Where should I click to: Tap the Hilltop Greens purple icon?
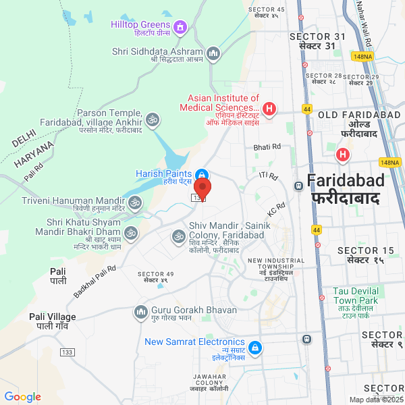(180, 27)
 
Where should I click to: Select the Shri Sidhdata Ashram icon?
(213, 52)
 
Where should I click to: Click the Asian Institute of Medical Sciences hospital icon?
(269, 108)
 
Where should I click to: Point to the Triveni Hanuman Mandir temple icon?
(135, 202)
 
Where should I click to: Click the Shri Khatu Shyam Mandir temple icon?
(130, 233)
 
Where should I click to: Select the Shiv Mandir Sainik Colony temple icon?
(179, 236)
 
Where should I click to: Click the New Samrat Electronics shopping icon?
(254, 348)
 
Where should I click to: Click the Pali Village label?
(53, 321)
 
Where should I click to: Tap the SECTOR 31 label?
(317, 40)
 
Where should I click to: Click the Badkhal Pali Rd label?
(95, 279)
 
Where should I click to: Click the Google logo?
(22, 397)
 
